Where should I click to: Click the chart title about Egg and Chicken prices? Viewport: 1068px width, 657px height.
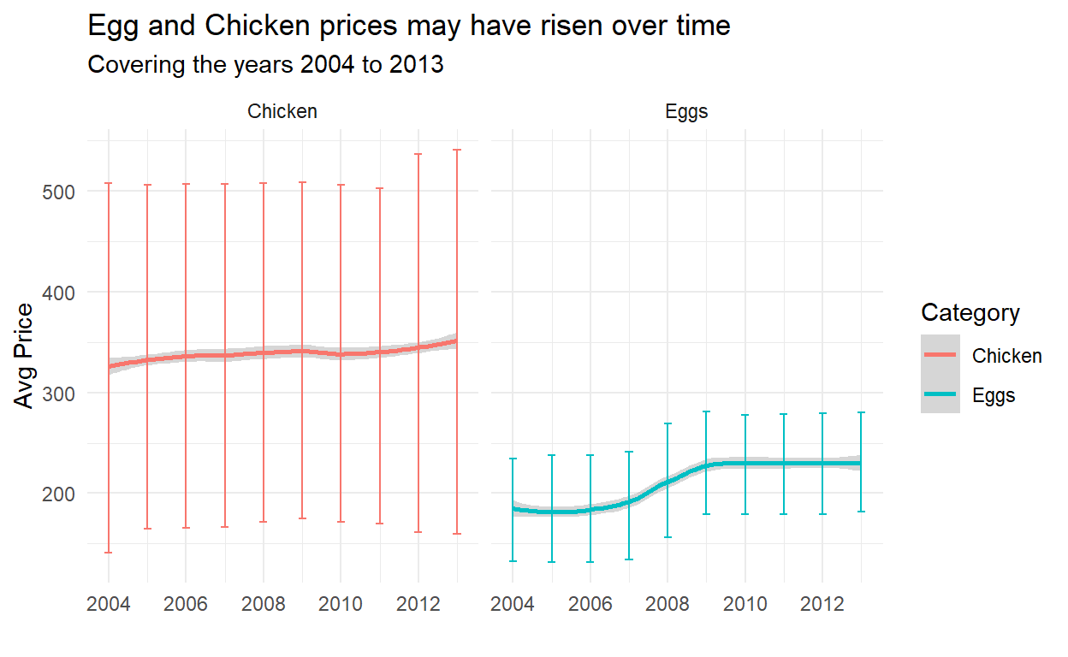tap(409, 27)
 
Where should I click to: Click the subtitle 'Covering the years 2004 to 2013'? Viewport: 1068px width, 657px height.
tap(266, 65)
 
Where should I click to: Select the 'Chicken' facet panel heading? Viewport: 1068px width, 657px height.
tap(282, 111)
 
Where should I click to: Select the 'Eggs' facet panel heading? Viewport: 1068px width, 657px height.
tap(686, 111)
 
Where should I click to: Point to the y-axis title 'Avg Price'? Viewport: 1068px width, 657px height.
tap(27, 356)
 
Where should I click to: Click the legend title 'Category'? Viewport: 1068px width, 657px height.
tap(970, 313)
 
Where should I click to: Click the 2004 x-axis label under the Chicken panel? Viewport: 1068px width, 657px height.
tap(109, 606)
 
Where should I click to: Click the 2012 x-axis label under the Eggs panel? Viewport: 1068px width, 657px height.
tap(822, 606)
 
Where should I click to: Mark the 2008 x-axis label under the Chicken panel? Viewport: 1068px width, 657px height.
tap(264, 606)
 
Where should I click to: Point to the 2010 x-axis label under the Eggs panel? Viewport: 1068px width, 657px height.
tap(745, 606)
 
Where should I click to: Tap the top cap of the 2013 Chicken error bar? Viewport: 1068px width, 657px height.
tap(457, 150)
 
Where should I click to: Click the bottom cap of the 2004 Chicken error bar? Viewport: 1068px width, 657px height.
tap(109, 553)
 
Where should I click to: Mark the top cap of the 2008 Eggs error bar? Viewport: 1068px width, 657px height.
tap(667, 423)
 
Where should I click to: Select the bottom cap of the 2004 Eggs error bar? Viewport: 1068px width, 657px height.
tap(513, 561)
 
